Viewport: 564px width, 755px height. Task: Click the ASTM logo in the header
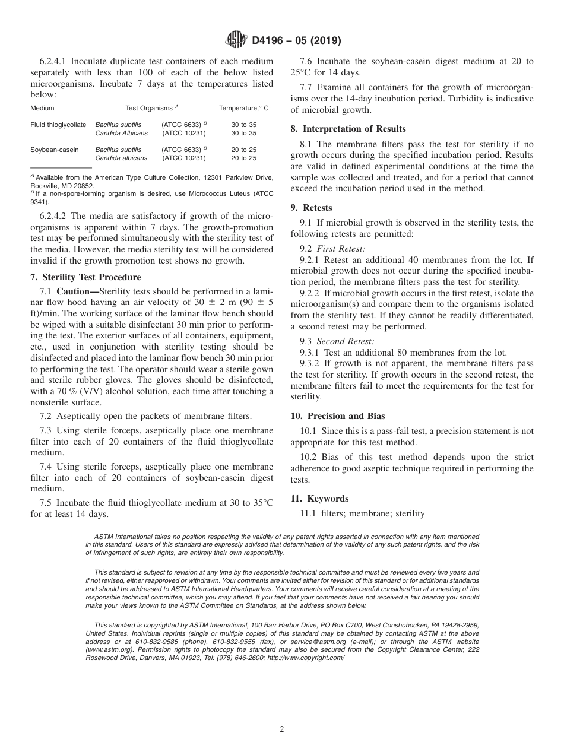tap(237, 40)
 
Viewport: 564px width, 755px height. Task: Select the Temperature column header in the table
tap(244, 108)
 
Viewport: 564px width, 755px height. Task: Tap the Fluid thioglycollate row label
tap(58, 125)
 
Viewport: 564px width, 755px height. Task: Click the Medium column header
tap(42, 108)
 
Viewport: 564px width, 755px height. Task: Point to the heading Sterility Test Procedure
tap(91, 277)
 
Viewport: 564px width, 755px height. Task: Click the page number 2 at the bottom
tap(282, 729)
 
